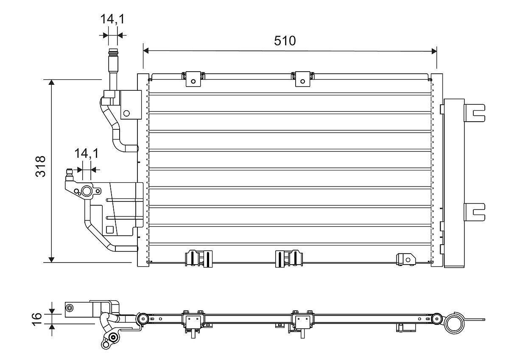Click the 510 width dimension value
[285, 41]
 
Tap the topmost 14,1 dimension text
[112, 20]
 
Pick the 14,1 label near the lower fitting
[86, 153]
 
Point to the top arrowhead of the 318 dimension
[52, 82]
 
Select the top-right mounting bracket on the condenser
[302, 80]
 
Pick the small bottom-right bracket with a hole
[405, 259]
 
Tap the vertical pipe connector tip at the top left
[113, 54]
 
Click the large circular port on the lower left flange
[87, 192]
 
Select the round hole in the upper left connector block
[126, 113]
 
